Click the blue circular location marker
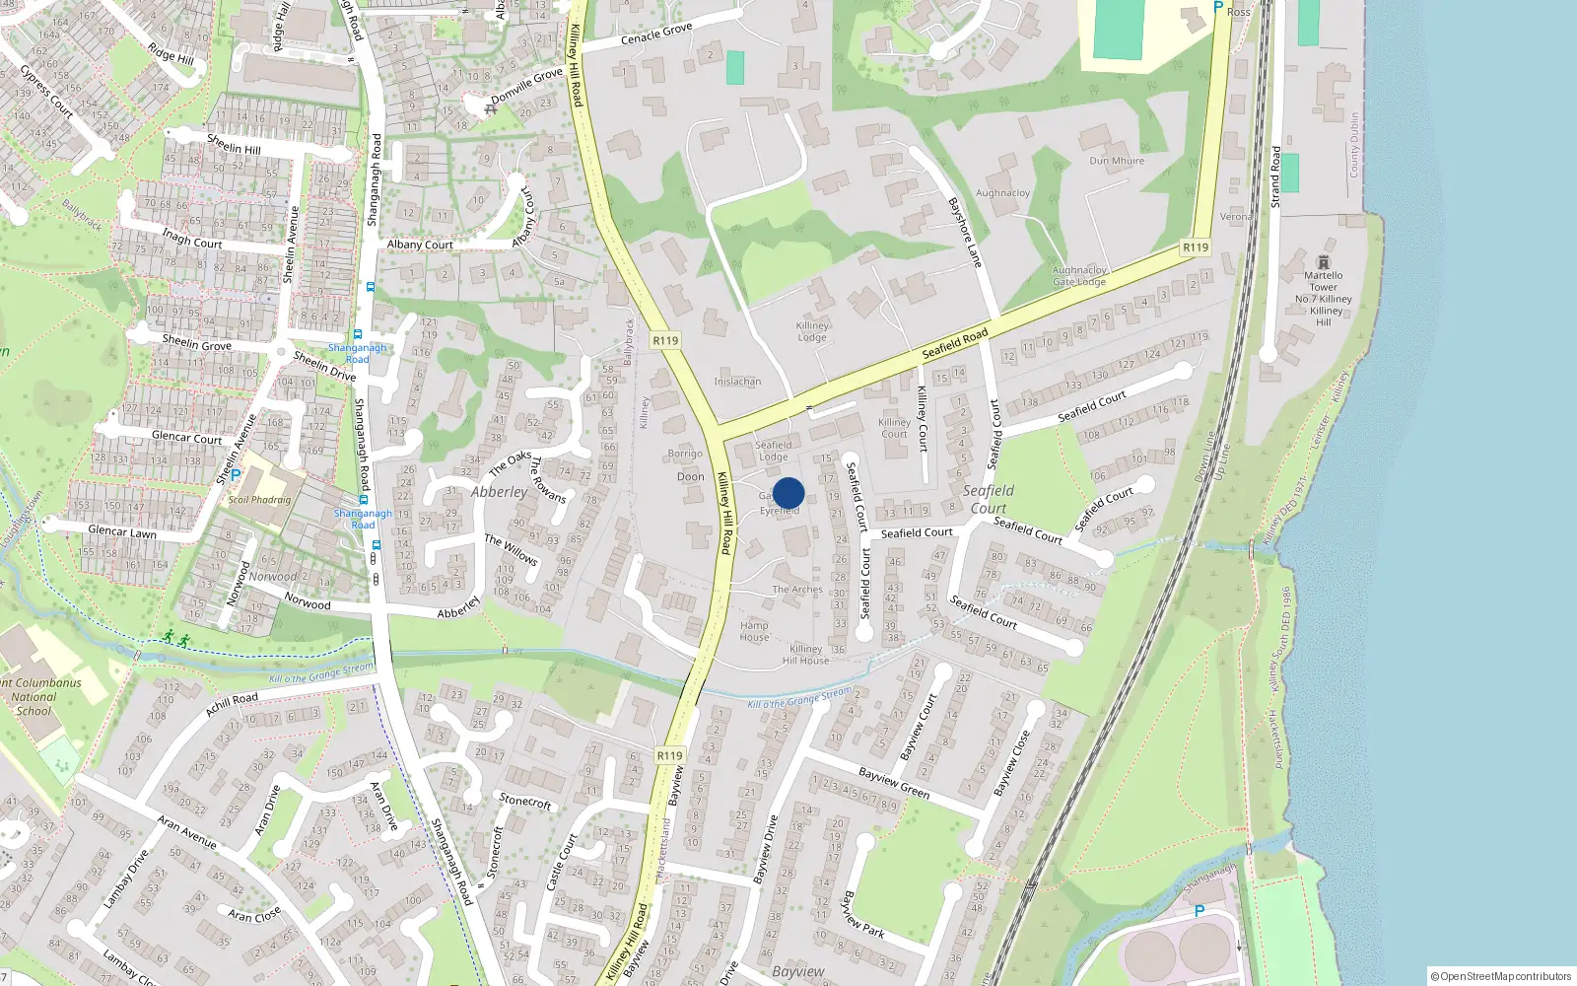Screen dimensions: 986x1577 click(788, 493)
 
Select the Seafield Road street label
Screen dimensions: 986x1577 click(954, 343)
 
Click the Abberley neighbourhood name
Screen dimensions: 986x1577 click(499, 492)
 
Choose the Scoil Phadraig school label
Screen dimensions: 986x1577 click(259, 500)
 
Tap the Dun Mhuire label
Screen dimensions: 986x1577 click(1117, 161)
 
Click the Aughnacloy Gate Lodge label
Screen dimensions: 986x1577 click(1079, 276)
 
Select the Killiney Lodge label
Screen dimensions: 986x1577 click(812, 331)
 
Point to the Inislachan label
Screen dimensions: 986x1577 click(737, 382)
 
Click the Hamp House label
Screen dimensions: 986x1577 click(754, 631)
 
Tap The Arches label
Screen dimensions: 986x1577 click(796, 590)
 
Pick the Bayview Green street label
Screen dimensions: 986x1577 click(893, 783)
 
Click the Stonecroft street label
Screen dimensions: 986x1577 click(525, 802)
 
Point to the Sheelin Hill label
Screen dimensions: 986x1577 click(234, 144)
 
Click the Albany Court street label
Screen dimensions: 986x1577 click(420, 245)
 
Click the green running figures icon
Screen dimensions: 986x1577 click(176, 639)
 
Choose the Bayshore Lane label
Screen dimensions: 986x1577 click(965, 233)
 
